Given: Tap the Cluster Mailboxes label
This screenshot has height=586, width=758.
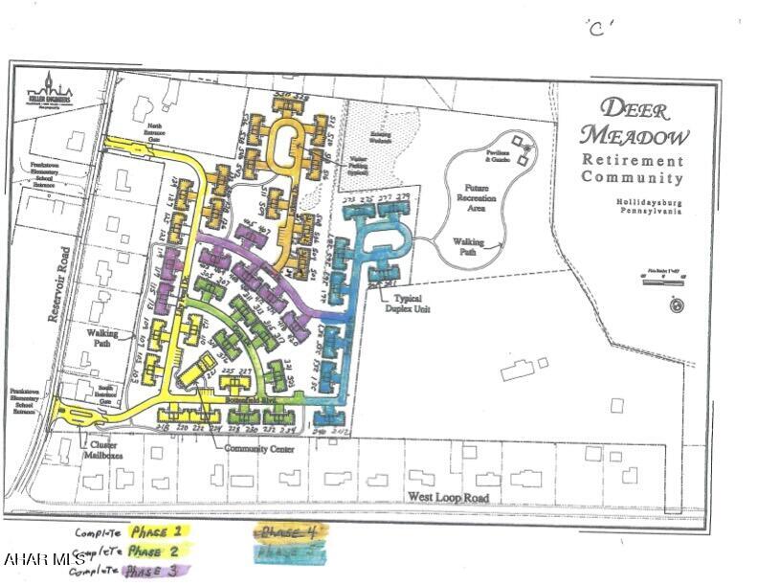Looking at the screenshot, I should (x=101, y=451).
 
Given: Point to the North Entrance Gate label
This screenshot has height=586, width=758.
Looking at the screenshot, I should (x=155, y=132).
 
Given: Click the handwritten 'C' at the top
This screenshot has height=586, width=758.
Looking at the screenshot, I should (x=599, y=27).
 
